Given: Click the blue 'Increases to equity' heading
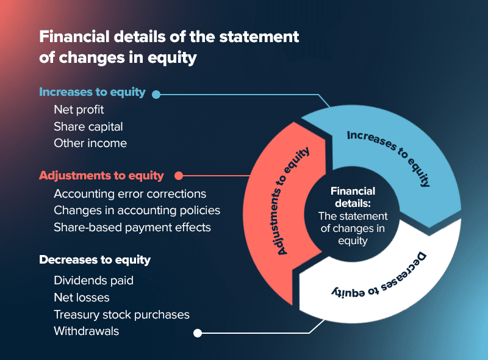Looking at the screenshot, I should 92,92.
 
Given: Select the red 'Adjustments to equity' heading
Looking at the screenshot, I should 101,176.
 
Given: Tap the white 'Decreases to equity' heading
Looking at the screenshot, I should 95,260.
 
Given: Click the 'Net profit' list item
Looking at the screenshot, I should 79,110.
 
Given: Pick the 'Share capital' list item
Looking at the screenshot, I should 88,127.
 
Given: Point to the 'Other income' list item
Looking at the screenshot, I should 90,143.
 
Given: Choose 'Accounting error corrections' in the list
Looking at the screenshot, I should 130,194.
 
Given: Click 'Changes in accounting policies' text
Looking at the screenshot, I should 137,211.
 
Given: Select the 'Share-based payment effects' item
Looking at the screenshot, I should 132,227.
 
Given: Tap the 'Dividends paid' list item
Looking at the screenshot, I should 93,281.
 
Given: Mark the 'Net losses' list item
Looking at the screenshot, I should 82,298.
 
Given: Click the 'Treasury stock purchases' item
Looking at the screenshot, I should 121,315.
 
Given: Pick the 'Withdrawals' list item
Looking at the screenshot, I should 86,331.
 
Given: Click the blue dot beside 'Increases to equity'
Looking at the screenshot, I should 156,95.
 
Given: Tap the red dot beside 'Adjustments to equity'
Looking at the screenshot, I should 179,176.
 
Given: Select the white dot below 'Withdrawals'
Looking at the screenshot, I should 197,333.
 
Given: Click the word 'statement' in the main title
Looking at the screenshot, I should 262,37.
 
